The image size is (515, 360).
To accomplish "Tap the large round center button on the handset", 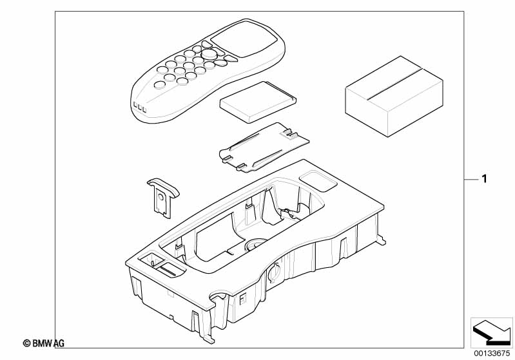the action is coord(209,55).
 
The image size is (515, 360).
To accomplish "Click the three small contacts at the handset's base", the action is coord(139,107).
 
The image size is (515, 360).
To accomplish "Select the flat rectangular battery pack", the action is coord(258,102).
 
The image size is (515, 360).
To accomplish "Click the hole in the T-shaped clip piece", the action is coord(159,200).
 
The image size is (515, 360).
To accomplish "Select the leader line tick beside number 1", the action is coord(471,178).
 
